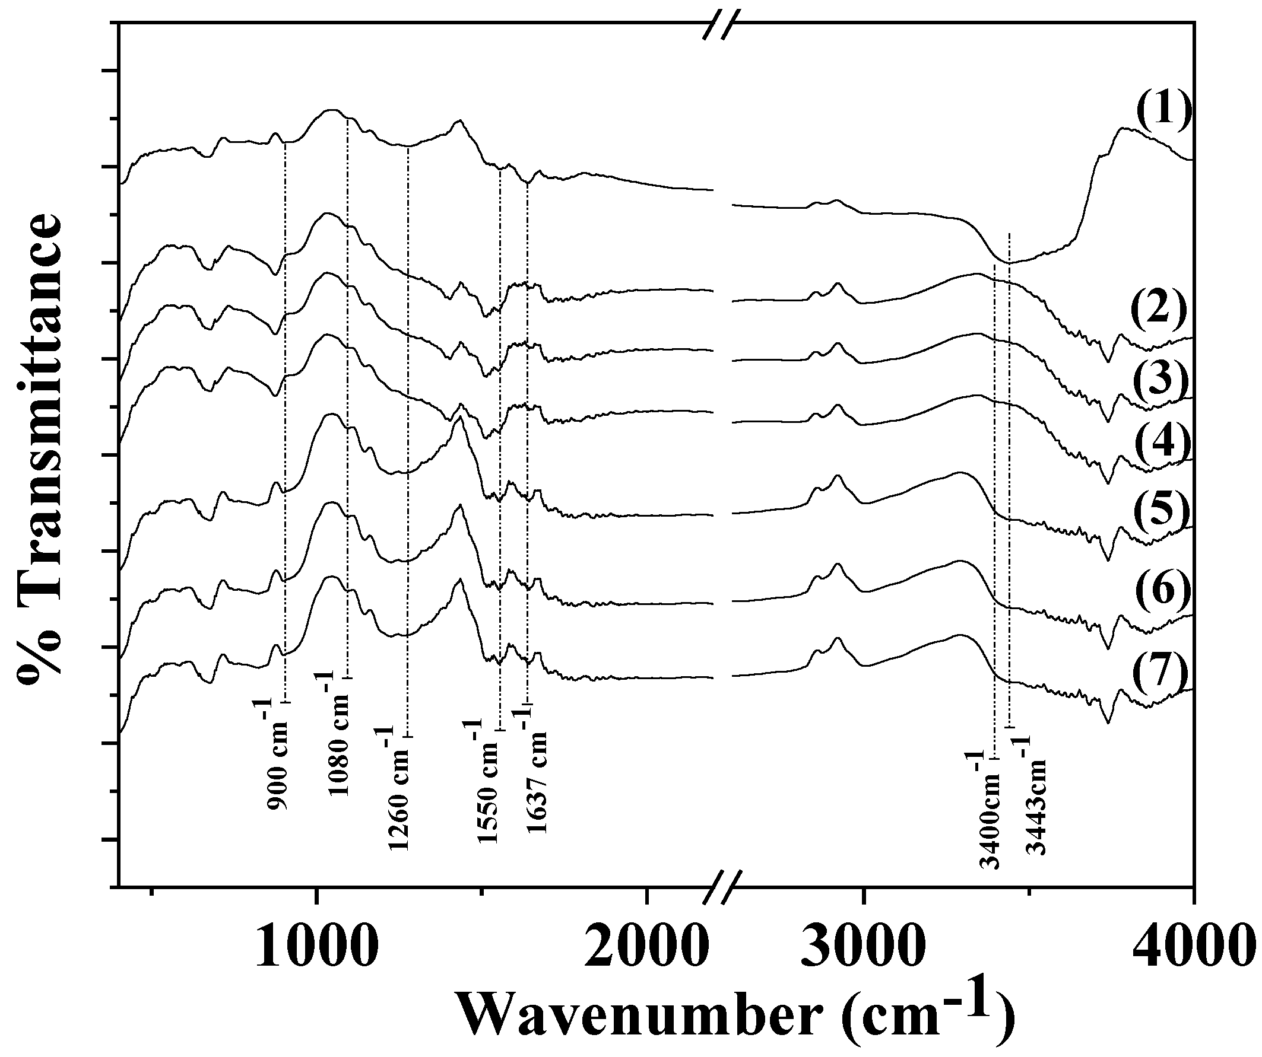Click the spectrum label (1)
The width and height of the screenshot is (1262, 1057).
[1163, 112]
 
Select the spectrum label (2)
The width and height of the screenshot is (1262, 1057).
[1158, 310]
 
